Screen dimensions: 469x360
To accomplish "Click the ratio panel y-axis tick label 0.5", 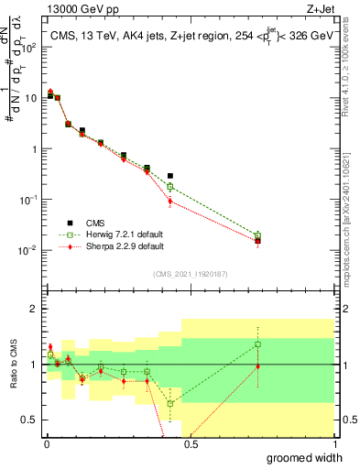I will tap(30, 420).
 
